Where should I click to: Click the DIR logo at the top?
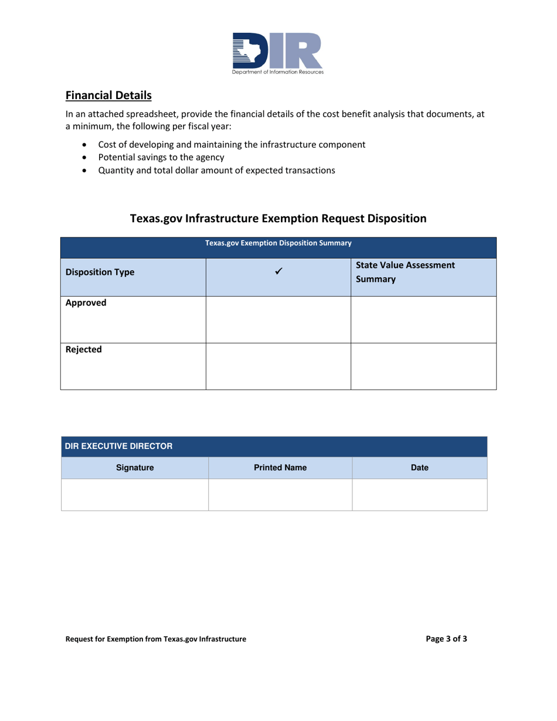coord(277,53)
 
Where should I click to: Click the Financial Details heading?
coord(108,94)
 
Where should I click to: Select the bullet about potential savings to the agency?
coord(161,158)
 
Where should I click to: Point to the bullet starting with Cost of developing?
coord(232,144)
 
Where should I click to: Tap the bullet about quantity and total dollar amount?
coord(216,171)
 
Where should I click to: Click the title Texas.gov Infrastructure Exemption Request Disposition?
coord(278,219)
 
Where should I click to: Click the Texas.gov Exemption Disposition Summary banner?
coord(278,243)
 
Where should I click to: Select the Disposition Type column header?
coord(100,272)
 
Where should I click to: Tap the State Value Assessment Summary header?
coord(405,273)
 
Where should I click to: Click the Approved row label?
coord(86,304)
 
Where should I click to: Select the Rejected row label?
coord(84,349)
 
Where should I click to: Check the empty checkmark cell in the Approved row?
coord(278,319)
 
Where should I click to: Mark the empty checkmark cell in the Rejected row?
coord(278,366)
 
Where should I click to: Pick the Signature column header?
coord(135,468)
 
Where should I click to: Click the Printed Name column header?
coord(280,468)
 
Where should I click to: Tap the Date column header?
coord(420,468)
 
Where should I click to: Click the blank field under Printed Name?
coord(280,495)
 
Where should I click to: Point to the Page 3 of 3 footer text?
coord(446,639)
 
